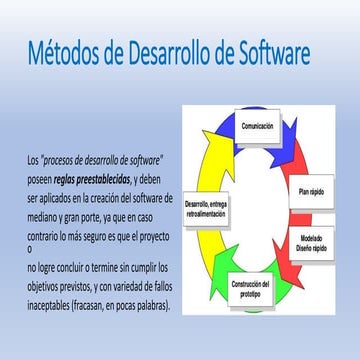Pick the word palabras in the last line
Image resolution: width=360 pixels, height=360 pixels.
[149, 306]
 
